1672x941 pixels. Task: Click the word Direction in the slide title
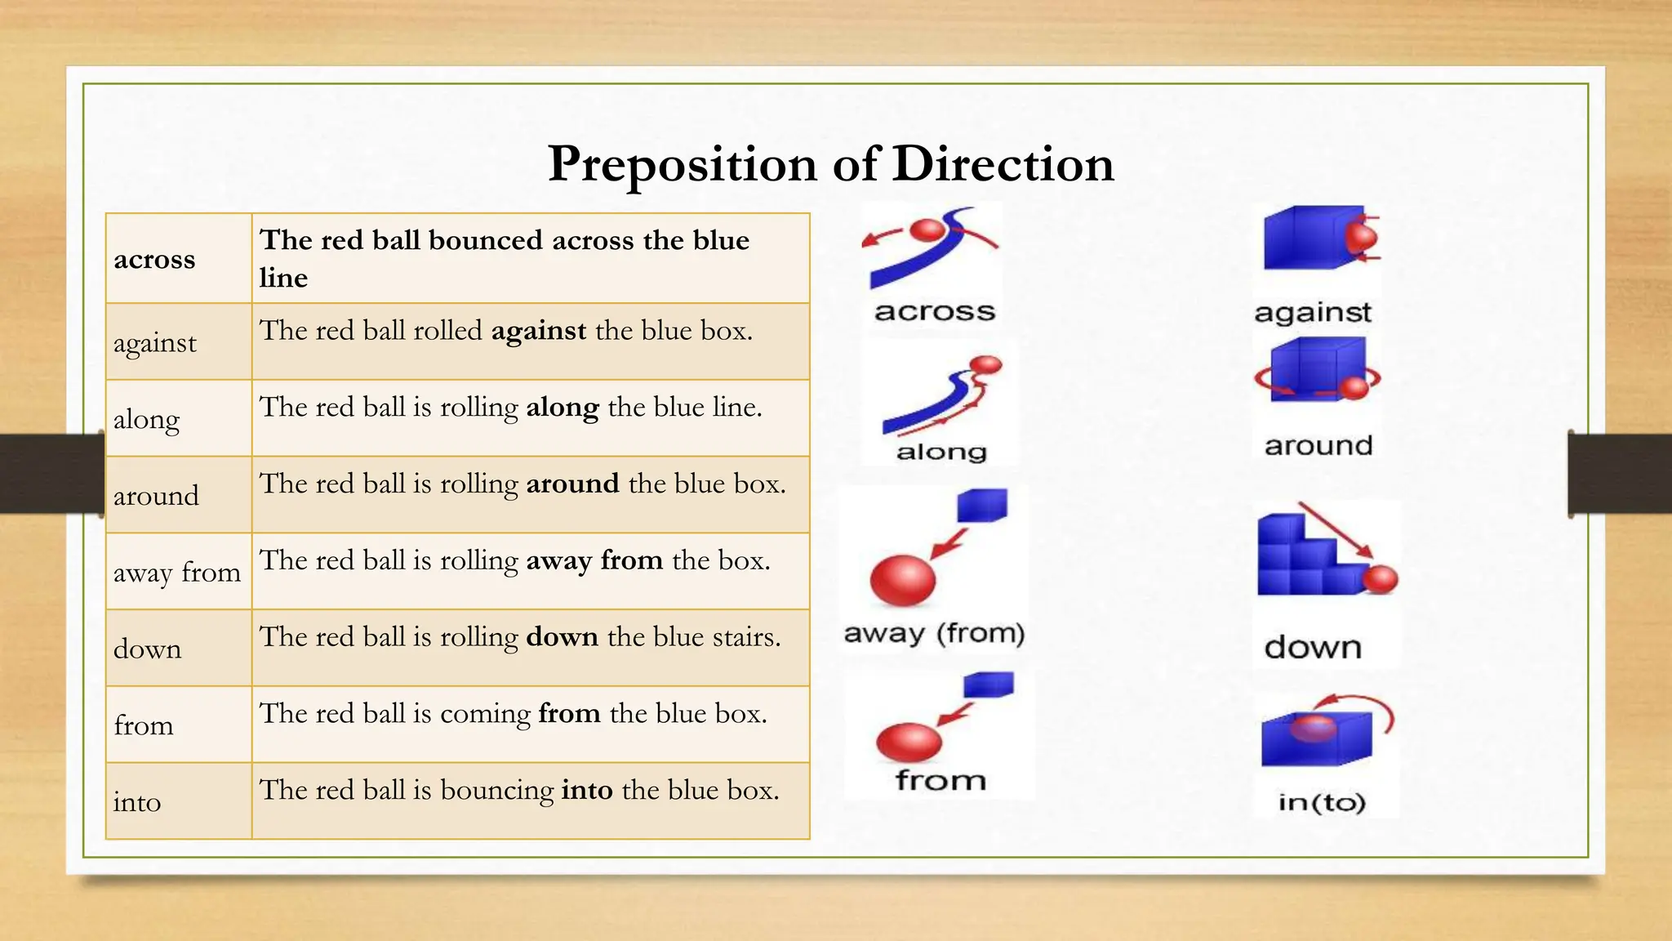[x=1003, y=163]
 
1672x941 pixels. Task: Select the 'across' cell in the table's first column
[x=154, y=260]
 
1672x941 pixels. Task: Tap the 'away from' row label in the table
[x=176, y=572]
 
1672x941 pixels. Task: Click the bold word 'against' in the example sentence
[x=538, y=331]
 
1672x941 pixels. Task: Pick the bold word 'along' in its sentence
[x=562, y=407]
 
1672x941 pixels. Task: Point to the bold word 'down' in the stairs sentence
[x=562, y=636]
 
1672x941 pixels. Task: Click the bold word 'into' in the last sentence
[x=587, y=790]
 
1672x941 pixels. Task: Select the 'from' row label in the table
[x=144, y=725]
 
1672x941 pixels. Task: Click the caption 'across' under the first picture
[x=935, y=311]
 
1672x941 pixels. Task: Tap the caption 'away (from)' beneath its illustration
[x=934, y=633]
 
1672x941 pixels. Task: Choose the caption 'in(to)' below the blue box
[x=1322, y=802]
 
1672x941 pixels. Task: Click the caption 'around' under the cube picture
[x=1318, y=446]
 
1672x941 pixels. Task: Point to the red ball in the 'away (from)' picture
[x=902, y=580]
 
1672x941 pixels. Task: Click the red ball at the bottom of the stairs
[x=1380, y=579]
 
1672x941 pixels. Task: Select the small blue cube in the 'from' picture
[x=988, y=685]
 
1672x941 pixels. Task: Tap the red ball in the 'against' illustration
[x=1361, y=238]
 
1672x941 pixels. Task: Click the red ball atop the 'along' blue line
[x=986, y=364]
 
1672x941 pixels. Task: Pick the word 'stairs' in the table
[x=746, y=636]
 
